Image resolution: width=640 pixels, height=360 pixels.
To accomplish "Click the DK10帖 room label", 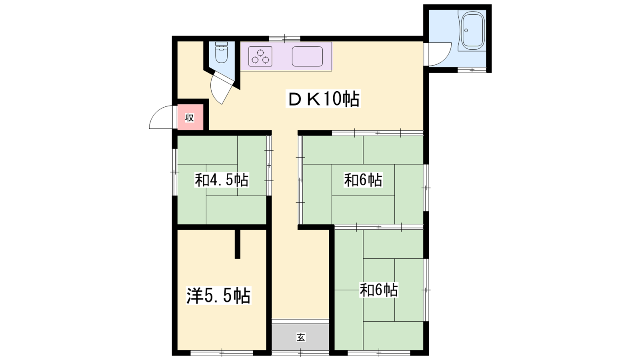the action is coord(323,99).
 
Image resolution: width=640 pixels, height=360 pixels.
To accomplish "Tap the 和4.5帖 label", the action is coord(222,180).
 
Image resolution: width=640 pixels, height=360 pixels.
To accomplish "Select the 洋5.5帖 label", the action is coord(218,296).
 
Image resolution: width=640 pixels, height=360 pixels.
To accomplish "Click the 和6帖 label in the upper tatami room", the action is coord(363,180).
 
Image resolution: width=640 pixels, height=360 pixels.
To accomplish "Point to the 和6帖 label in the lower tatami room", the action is coord(378,290).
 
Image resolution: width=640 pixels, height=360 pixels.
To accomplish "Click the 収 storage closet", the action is coord(190,117).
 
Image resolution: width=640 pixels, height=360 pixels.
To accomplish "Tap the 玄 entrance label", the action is coord(300,338).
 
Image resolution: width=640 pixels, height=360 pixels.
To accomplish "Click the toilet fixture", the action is coord(221,52).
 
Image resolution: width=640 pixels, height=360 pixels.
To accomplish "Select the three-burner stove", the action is coord(260,56).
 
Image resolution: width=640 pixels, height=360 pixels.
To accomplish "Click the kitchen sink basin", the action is coord(307,56).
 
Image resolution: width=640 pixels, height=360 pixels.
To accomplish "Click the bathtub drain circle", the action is coord(466,30).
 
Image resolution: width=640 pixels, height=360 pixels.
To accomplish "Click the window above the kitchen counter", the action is coord(284,38).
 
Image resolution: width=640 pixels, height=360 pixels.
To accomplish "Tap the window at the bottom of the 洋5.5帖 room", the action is coord(222,353).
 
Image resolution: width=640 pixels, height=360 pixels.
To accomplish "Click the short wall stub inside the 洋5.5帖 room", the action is coord(237,244).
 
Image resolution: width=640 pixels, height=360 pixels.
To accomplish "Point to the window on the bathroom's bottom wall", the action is coord(472,70).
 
